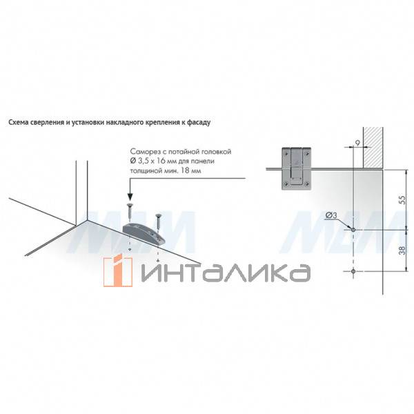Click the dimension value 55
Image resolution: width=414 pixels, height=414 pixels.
(x=402, y=199)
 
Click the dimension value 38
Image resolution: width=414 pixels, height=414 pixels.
(x=402, y=250)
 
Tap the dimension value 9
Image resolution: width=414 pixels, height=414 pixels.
(x=357, y=143)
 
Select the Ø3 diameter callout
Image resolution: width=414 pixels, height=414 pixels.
(x=331, y=215)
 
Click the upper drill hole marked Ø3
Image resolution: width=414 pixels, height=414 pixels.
(x=353, y=230)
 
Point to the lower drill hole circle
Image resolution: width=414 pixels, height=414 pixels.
(x=353, y=271)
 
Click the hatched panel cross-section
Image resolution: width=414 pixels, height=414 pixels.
(x=373, y=148)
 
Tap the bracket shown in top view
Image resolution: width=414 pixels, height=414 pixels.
(x=296, y=168)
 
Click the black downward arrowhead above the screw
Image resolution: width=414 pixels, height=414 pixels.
(x=130, y=196)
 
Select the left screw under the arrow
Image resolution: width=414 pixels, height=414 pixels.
(x=130, y=212)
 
